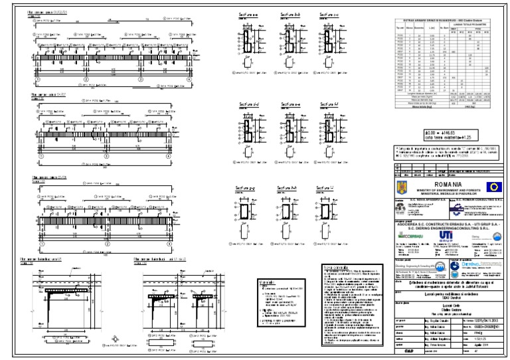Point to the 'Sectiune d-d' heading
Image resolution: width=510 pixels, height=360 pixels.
[249, 104]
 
